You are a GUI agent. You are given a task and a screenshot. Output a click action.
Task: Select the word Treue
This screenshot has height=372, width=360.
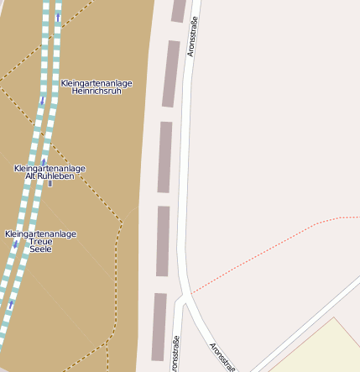[40, 242]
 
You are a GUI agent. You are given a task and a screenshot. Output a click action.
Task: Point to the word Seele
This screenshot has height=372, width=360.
[40, 249]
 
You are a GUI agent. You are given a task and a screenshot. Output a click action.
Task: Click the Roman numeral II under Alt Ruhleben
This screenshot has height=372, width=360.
[50, 184]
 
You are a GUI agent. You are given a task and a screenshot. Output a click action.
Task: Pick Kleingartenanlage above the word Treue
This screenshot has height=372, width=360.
[40, 233]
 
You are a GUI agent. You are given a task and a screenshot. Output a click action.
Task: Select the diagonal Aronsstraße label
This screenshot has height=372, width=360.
[222, 356]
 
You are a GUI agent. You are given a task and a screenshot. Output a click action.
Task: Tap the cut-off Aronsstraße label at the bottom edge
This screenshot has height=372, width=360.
[175, 354]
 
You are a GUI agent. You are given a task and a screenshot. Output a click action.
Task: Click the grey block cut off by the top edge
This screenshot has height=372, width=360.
[178, 10]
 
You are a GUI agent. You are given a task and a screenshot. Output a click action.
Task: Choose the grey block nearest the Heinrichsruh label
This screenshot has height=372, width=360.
[170, 74]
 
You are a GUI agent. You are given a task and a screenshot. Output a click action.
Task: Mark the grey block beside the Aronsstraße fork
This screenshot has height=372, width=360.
[159, 327]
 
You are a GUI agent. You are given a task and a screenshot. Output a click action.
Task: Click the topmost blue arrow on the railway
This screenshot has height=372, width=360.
[58, 17]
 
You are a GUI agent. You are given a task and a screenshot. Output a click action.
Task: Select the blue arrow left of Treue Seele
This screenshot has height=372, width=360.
[14, 244]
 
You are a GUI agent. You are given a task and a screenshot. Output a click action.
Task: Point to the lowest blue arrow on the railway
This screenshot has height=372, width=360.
[10, 306]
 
